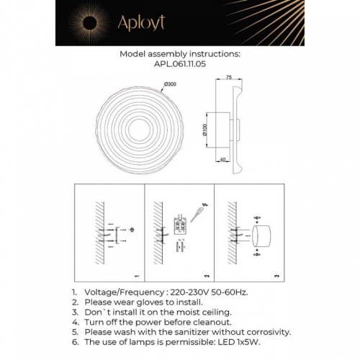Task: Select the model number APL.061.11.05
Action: click(179, 63)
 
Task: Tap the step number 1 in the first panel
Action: click(137, 276)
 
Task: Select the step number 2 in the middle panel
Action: click(207, 276)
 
